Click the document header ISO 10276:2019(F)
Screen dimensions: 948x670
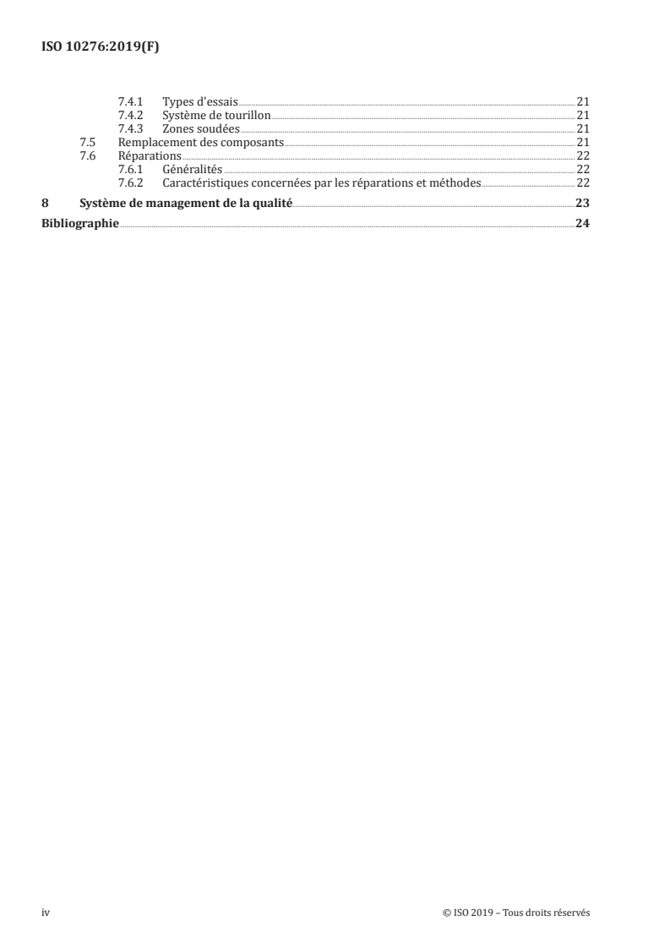click(x=101, y=47)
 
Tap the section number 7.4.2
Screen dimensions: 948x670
click(x=131, y=115)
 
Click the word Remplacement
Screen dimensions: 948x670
click(x=158, y=142)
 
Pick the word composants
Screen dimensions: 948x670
click(x=252, y=142)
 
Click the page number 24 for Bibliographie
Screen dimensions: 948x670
click(x=581, y=224)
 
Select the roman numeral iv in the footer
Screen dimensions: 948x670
click(x=46, y=913)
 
